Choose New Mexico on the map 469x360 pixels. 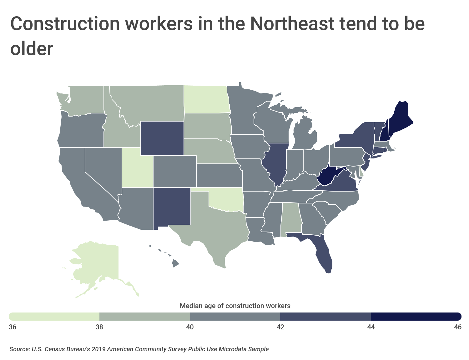(172, 206)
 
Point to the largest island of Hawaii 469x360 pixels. (175, 264)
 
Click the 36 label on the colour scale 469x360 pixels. (13, 327)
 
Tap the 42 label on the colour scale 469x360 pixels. (280, 327)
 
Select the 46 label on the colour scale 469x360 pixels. (457, 327)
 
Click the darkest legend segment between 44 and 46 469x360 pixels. (416, 317)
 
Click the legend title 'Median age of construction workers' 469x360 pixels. (235, 306)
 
